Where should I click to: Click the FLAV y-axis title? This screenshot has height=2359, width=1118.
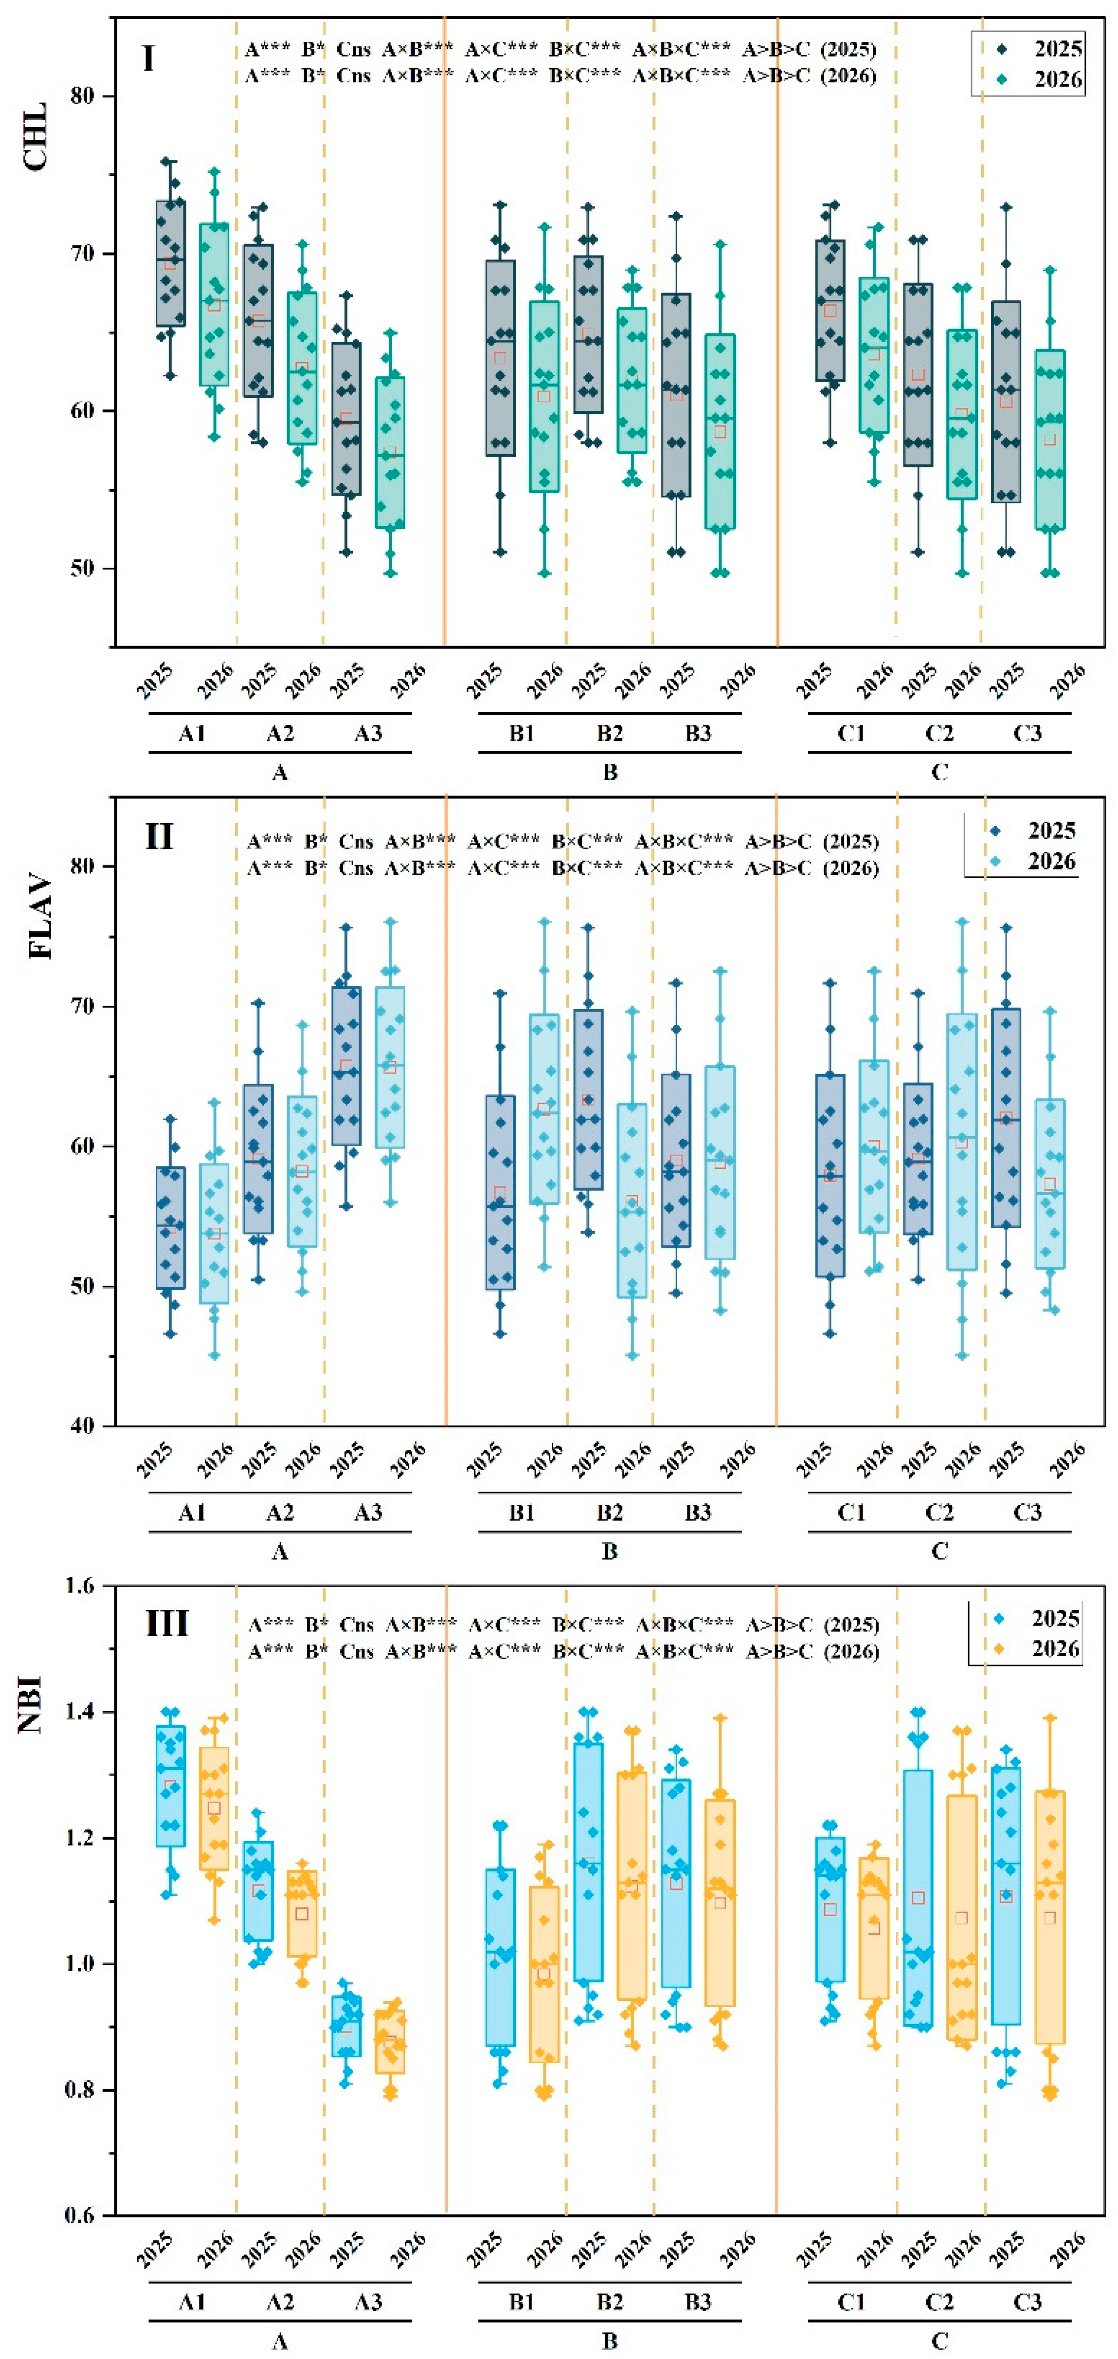point(40,918)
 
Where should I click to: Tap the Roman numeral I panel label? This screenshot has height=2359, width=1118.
point(148,59)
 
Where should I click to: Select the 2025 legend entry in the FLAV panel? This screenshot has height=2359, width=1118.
point(1035,831)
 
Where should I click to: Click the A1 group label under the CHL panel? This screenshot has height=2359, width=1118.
point(191,732)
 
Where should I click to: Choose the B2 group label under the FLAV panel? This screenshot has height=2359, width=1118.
point(610,1512)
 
